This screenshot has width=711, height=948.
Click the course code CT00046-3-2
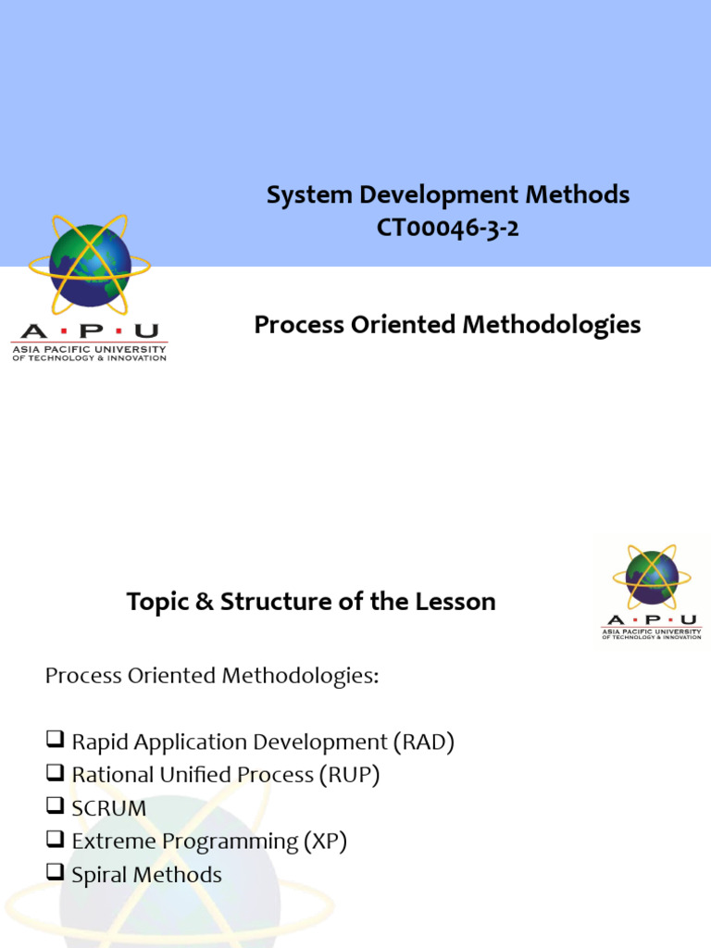click(448, 228)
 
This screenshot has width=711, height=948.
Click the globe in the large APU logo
click(89, 266)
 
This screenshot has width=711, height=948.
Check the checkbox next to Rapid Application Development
click(55, 742)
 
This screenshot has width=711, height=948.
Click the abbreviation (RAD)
click(424, 742)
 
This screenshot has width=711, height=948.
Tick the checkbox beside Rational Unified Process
click(55, 775)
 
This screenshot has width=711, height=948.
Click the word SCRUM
click(109, 808)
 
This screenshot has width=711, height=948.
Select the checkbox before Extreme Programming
click(55, 842)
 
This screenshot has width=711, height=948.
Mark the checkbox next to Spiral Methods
click(55, 875)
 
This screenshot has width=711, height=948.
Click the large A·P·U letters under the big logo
click(89, 331)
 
